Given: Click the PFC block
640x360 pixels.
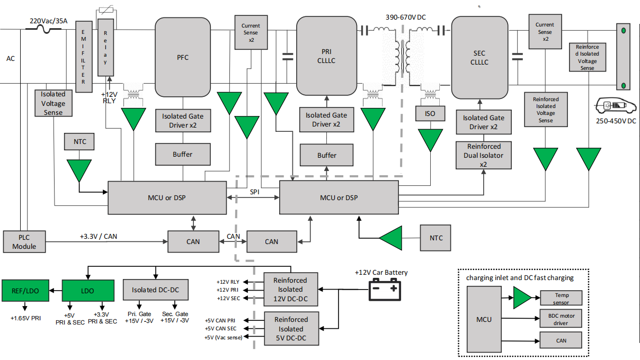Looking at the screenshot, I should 183,57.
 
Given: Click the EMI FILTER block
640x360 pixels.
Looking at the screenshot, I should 84,57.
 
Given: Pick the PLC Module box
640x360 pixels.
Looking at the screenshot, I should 24,242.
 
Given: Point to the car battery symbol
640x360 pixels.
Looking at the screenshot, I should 385,290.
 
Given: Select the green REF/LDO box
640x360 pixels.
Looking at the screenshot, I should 26,290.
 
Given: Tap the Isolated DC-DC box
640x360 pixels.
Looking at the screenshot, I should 155,290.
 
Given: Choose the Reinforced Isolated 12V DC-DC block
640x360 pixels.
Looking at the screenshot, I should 291,290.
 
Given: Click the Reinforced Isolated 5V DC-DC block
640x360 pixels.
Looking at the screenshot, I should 291,329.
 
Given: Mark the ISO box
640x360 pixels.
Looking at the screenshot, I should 430,114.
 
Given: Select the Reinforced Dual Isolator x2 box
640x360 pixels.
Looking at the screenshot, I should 483,155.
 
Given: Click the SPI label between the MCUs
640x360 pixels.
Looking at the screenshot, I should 255,191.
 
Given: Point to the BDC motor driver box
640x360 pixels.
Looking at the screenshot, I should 561,319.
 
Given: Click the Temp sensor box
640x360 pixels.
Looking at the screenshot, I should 561,298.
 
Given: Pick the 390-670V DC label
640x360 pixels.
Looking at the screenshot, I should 405,17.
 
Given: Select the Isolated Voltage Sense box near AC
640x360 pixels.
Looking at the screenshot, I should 53,103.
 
